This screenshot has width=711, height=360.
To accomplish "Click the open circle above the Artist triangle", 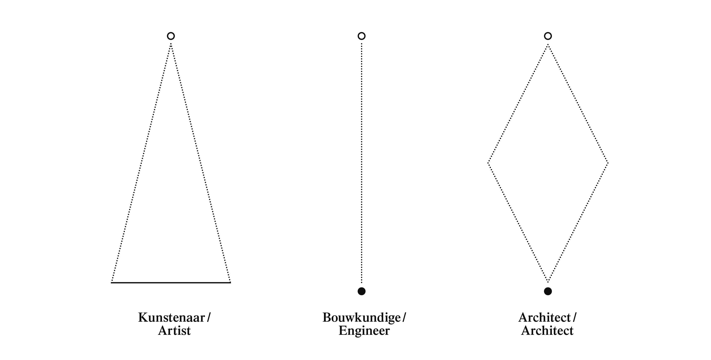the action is click(x=171, y=36).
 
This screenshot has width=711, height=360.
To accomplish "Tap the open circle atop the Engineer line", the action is click(x=362, y=36).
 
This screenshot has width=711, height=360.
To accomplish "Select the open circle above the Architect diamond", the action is click(x=548, y=36).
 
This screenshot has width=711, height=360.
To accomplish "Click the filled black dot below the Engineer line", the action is click(x=362, y=291).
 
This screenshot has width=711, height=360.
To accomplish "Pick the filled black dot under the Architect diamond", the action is click(x=548, y=291).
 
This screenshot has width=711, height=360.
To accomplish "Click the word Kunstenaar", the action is click(x=172, y=317).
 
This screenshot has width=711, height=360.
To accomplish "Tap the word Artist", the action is click(x=174, y=331).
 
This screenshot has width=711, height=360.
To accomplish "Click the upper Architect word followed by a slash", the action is click(x=545, y=317).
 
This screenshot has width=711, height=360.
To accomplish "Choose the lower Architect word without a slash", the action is click(x=547, y=331).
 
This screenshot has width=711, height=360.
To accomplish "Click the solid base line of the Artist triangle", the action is click(x=171, y=282).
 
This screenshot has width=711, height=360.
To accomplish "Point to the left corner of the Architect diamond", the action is click(x=488, y=163).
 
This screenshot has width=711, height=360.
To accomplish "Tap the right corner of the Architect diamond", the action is click(x=608, y=163).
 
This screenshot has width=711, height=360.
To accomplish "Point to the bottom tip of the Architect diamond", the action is click(x=548, y=282).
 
